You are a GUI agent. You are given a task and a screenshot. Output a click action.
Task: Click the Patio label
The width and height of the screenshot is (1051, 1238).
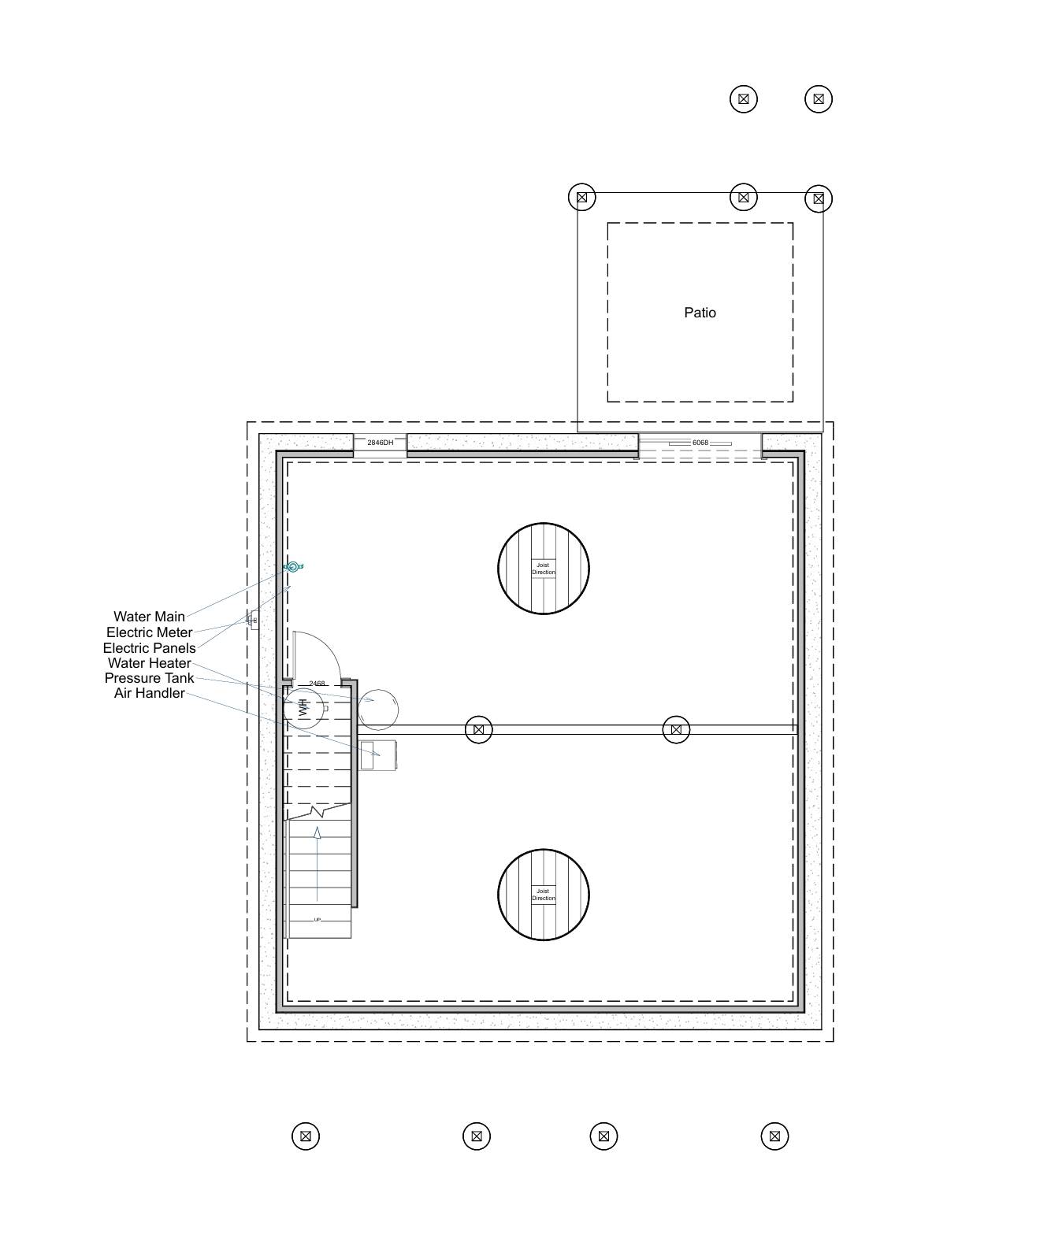click(x=700, y=313)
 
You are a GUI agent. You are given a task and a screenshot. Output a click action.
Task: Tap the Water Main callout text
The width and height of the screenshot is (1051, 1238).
click(x=149, y=617)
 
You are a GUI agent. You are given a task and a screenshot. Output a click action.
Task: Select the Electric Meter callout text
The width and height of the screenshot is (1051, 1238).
click(x=149, y=632)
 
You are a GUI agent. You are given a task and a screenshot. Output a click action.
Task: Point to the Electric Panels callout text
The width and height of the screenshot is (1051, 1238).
click(x=149, y=648)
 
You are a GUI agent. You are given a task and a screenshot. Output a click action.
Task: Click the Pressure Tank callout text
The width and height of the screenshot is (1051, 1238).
click(x=149, y=678)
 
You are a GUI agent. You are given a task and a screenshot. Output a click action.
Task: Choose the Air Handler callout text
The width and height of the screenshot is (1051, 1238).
click(x=149, y=693)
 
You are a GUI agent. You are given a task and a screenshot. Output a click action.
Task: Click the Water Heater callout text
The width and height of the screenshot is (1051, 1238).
click(x=149, y=663)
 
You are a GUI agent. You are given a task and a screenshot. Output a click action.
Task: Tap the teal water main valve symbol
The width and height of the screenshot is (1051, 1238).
click(x=293, y=566)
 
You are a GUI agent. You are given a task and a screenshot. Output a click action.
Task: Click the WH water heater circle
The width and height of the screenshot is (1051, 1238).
click(x=303, y=707)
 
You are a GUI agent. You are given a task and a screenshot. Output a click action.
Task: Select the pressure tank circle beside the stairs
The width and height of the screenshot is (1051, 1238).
click(x=378, y=710)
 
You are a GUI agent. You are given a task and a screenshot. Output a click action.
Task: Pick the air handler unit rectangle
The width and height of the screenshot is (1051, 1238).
click(x=378, y=754)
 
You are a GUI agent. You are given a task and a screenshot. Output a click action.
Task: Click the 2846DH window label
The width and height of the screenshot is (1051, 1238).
click(x=380, y=443)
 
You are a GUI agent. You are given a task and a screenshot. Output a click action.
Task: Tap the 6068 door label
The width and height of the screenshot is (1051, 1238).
click(x=700, y=443)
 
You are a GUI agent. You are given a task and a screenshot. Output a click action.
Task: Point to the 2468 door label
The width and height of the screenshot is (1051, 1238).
click(x=318, y=684)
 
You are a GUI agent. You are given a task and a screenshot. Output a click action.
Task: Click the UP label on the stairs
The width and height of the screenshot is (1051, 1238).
click(x=318, y=919)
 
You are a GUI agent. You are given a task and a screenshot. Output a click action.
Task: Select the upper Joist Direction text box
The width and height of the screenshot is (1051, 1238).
click(x=543, y=569)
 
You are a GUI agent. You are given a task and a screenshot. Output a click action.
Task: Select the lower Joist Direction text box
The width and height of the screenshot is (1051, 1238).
click(x=543, y=895)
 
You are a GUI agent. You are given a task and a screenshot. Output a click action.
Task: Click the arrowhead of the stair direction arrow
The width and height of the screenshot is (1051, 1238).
click(x=318, y=832)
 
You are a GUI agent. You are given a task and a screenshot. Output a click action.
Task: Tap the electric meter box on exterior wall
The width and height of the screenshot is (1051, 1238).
click(x=253, y=620)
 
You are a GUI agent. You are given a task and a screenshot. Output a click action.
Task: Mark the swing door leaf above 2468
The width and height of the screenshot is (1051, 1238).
click(x=295, y=654)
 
